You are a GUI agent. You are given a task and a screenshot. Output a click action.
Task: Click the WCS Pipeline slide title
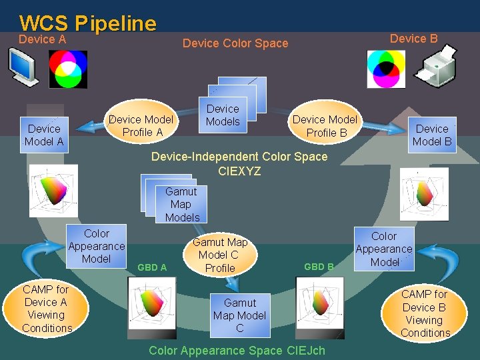[88, 23]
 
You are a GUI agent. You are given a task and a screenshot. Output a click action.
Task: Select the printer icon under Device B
[434, 69]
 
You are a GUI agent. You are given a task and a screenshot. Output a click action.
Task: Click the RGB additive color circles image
[68, 69]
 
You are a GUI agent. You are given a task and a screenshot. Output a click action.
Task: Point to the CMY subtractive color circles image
[386, 69]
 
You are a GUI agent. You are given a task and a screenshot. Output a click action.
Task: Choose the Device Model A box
[44, 135]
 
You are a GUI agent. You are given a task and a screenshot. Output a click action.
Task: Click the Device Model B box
[432, 135]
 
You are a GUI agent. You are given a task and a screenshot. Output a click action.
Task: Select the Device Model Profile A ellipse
[142, 125]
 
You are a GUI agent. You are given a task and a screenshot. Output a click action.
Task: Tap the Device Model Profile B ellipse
[325, 125]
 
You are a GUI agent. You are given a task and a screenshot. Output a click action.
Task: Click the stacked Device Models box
[223, 115]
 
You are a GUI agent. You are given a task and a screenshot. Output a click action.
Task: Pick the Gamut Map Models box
[181, 204]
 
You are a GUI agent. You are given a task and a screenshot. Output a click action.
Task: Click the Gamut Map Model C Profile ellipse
[220, 255]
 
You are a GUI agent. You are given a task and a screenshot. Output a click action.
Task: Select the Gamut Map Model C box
[240, 315]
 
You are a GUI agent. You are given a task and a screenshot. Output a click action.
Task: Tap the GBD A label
[152, 267]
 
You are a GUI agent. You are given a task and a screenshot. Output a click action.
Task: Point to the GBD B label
[319, 267]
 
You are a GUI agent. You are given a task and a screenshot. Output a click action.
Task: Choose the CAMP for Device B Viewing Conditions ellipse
[425, 313]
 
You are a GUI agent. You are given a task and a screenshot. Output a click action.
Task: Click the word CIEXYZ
[239, 171]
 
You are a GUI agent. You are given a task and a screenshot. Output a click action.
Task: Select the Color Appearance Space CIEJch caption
[237, 350]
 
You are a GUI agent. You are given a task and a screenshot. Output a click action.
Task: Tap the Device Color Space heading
[235, 43]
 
